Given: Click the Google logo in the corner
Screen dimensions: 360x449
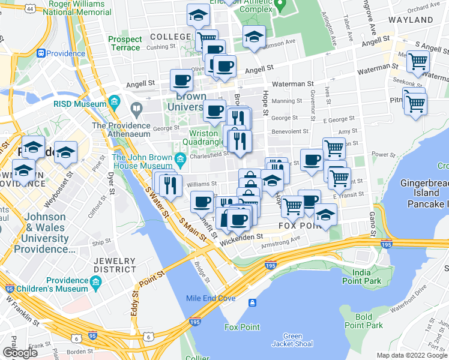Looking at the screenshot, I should [20, 352].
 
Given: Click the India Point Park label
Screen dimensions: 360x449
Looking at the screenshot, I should [361, 277].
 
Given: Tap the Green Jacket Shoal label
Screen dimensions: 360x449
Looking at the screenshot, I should [292, 341].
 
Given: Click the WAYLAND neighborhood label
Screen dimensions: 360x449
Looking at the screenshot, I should [411, 20].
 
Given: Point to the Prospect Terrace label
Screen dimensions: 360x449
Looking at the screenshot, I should [125, 43].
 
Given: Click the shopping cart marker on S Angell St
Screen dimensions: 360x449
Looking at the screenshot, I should [418, 60].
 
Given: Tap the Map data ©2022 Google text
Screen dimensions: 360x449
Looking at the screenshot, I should [412, 355].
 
